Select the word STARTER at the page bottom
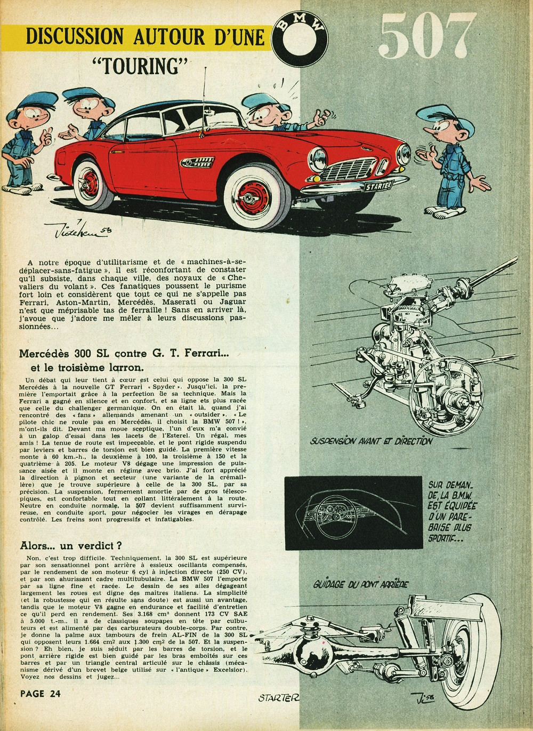tap(278, 697)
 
